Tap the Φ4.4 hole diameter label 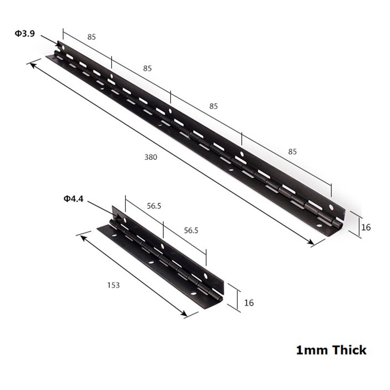click(73, 198)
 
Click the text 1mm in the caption click(311, 350)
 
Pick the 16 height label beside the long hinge click(366, 227)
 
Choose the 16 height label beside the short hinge click(249, 302)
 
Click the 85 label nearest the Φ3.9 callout click(91, 37)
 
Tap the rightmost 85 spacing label click(292, 152)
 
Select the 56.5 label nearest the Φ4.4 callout click(154, 206)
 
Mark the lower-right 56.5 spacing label click(191, 231)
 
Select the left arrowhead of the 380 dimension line click(33, 64)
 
